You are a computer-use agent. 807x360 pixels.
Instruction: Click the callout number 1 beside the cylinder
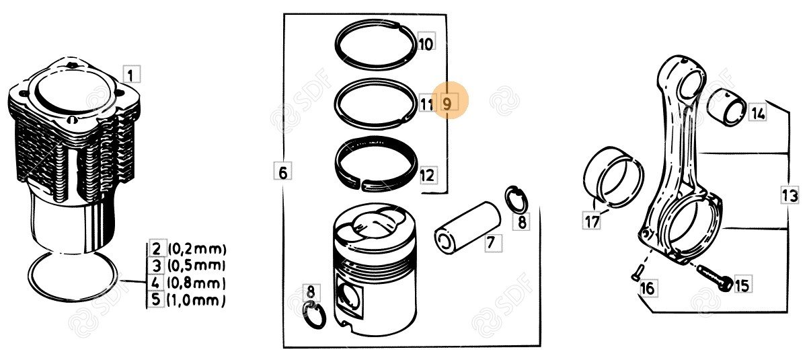click(x=131, y=75)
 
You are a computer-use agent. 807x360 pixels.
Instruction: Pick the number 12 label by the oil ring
click(x=428, y=175)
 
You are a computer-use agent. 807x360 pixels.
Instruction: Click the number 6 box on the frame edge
click(x=283, y=171)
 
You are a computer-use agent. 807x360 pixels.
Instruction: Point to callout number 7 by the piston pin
click(x=493, y=243)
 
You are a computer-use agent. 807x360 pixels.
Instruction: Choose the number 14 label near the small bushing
click(x=758, y=112)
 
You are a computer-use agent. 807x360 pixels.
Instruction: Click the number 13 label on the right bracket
click(x=790, y=195)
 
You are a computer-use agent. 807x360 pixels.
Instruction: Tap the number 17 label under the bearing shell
click(x=592, y=221)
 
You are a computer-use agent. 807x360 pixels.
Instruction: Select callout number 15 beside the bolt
click(x=741, y=285)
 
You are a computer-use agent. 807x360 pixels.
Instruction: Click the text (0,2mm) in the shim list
click(x=197, y=249)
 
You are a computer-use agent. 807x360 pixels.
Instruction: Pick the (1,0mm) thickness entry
click(x=196, y=300)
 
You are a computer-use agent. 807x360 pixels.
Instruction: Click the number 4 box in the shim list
click(x=155, y=283)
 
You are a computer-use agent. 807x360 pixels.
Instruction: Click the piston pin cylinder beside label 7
click(x=467, y=227)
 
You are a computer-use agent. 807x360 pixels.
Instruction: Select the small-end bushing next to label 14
click(x=727, y=106)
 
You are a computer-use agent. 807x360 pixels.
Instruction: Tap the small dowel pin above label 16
click(x=636, y=271)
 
